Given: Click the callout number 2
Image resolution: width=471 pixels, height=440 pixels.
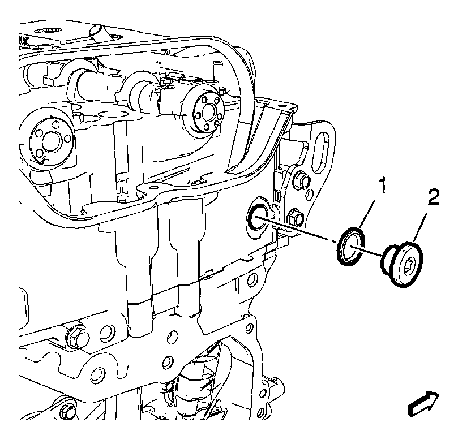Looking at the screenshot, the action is coord(434,197).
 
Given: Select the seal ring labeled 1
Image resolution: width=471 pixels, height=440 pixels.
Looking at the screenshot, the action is coord(351,247).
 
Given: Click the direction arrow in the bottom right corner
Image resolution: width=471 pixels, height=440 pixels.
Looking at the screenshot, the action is coord(423,404).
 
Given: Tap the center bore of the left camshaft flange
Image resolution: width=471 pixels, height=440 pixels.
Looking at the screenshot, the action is coord(49,141).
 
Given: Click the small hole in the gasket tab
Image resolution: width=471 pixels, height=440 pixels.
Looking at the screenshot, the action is coord(155,188).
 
